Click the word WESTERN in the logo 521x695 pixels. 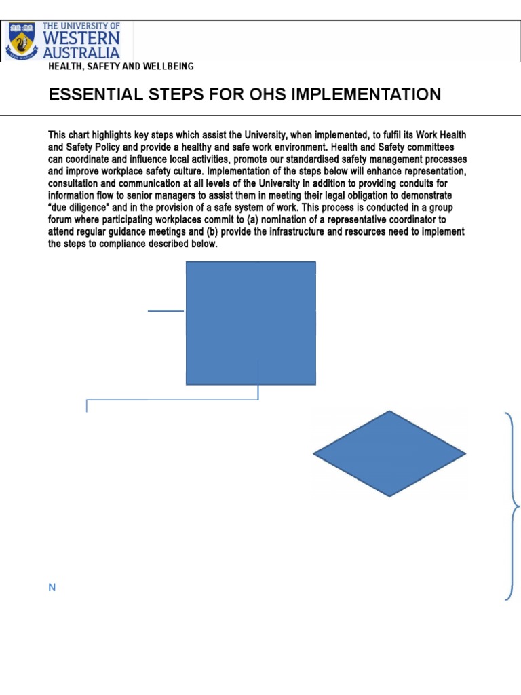tap(83, 38)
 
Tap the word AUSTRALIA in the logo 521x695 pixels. tap(81, 52)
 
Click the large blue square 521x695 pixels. tap(250, 322)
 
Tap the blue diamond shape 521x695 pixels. tap(389, 453)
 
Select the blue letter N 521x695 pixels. tap(52, 588)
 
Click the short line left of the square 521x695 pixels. tap(166, 311)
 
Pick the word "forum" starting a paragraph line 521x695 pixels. tap(61, 220)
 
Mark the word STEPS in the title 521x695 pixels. tap(165, 94)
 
